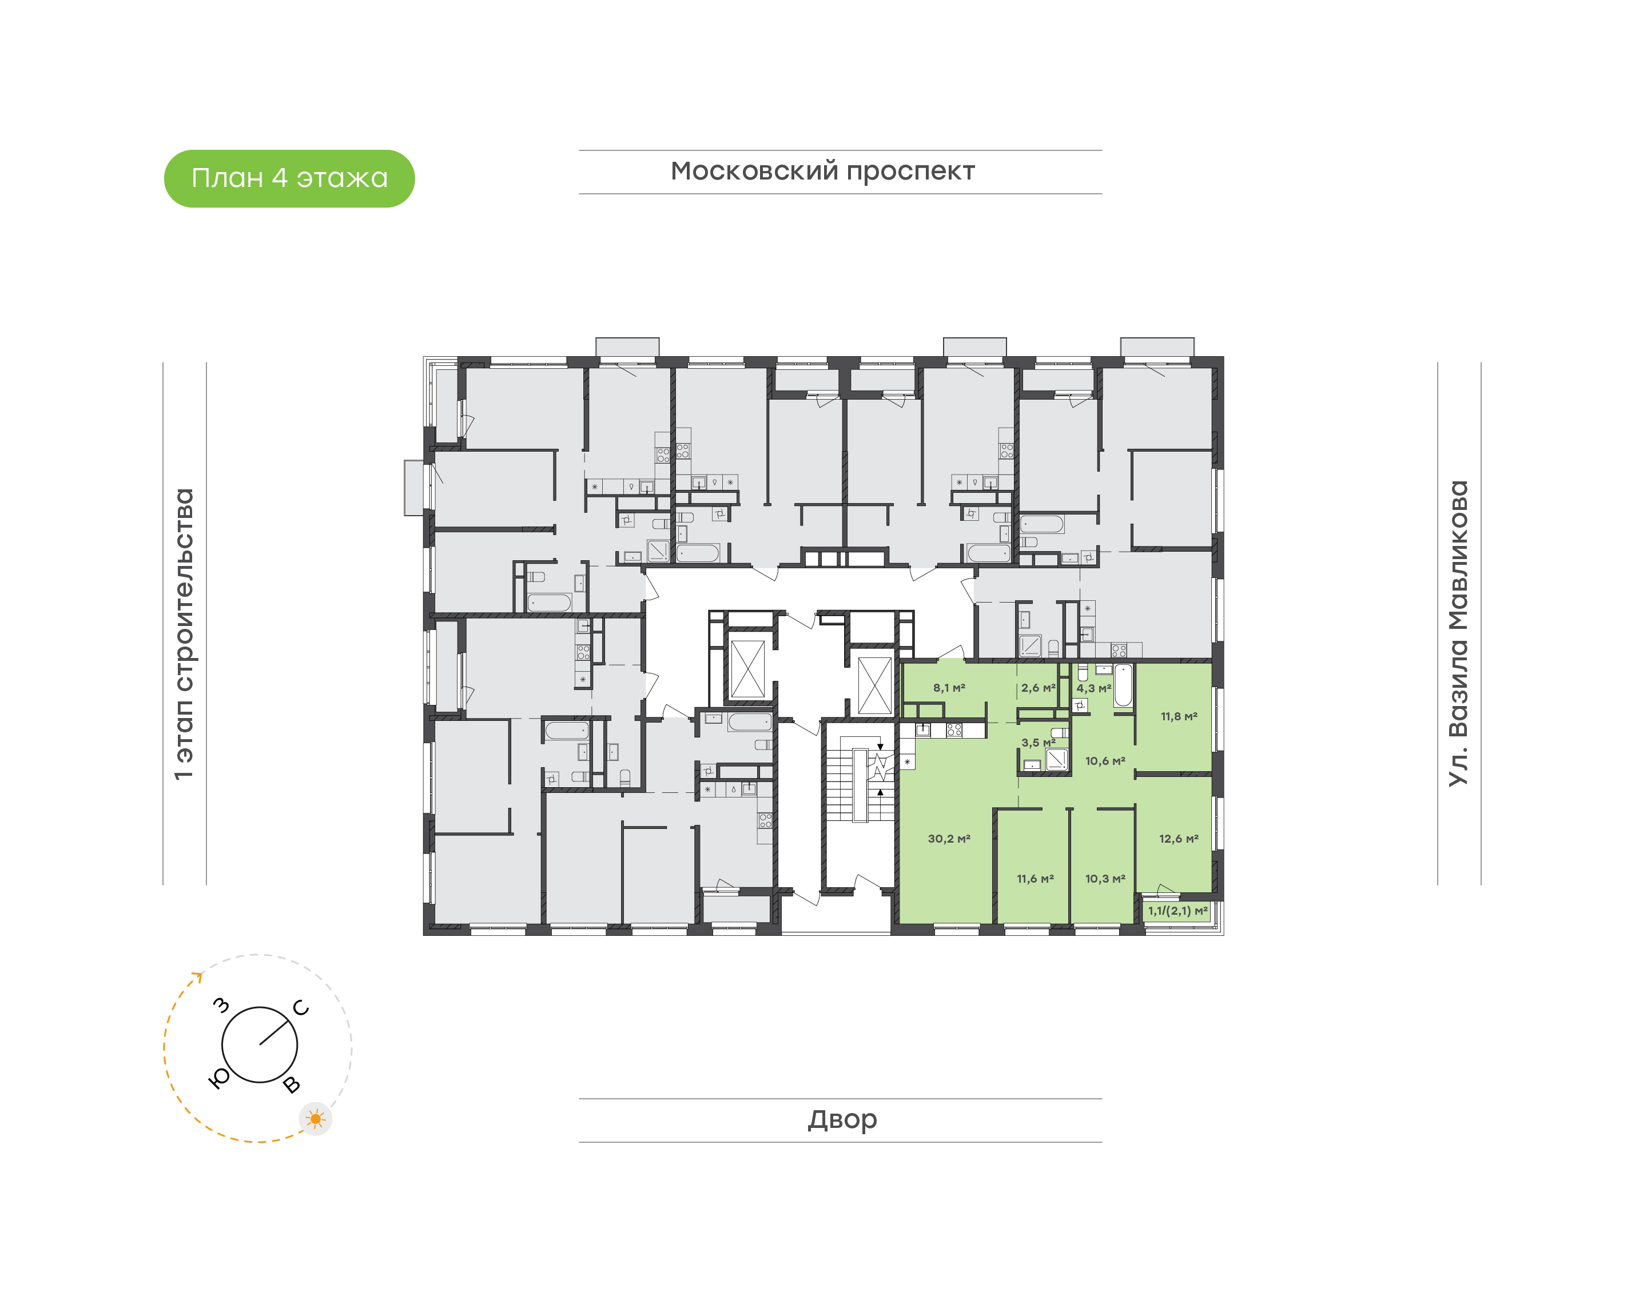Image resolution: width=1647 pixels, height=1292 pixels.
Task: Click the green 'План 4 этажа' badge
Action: coord(289,178)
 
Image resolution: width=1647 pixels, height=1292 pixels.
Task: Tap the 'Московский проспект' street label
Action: coord(822,172)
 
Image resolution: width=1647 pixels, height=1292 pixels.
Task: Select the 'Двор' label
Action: coord(842,1119)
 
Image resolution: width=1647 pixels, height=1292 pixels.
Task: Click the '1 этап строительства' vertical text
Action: coord(184,634)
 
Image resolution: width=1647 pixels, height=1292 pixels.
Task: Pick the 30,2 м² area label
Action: coord(949,838)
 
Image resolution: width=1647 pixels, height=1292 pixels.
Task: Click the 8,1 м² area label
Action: coord(949,688)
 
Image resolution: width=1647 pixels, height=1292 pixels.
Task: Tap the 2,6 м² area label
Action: coord(1038,688)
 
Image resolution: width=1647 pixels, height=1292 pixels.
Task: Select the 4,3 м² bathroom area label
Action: coord(1094,688)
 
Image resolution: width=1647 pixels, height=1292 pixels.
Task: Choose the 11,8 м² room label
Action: coord(1179,716)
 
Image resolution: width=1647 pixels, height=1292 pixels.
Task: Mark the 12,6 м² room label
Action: coord(1179,838)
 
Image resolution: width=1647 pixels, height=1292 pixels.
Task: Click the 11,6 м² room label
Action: coord(1035,878)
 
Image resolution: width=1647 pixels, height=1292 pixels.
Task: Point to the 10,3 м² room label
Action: coord(1105,878)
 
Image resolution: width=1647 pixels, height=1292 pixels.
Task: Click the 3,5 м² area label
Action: coord(1038,743)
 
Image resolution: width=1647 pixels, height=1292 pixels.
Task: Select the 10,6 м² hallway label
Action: coord(1105,761)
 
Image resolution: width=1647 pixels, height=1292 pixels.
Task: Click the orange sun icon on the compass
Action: coord(316,1119)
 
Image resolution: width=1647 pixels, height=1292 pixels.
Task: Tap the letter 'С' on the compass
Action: coord(300,1007)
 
